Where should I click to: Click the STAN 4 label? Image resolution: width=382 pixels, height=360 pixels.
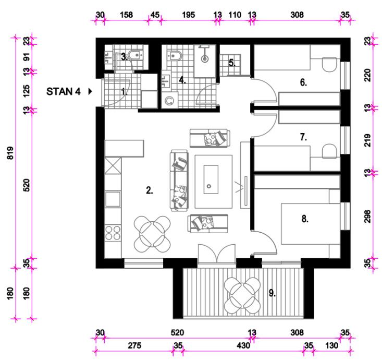[x=64, y=92]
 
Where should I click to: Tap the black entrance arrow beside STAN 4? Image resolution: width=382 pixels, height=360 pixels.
[x=90, y=92]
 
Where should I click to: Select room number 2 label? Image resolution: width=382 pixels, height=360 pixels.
[x=150, y=190]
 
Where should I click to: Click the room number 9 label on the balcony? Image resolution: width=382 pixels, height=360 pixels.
[x=272, y=293]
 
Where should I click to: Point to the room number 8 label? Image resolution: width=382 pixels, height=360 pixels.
[x=305, y=219]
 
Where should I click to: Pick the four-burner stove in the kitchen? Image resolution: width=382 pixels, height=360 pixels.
[x=113, y=233]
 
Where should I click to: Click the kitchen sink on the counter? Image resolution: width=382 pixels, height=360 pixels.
[x=113, y=199]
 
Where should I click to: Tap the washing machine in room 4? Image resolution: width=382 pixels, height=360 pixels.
[x=169, y=100]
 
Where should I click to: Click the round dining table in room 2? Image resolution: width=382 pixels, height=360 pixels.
[x=152, y=234]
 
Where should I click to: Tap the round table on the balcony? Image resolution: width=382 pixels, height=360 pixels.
[x=242, y=295]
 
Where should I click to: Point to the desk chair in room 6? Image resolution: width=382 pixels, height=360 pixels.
[x=329, y=64]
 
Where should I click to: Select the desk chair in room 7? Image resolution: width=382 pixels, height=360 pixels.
[x=329, y=151]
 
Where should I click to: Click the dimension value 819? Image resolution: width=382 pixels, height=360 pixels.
[x=10, y=153]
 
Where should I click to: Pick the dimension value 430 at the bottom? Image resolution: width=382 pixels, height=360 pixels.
[x=243, y=345]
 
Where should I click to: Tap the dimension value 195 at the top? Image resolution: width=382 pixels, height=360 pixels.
[x=189, y=15]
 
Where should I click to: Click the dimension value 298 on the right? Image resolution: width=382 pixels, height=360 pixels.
[x=367, y=216]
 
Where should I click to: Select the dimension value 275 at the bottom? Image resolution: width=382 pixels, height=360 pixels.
[x=134, y=345]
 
